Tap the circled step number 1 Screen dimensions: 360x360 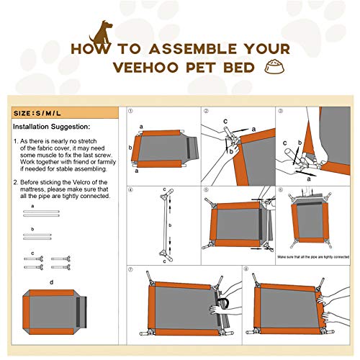[130, 112]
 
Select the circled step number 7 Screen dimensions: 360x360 [130, 269]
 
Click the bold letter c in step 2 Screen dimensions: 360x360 [225, 120]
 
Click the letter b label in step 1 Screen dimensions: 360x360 [131, 148]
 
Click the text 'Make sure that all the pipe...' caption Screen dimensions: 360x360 [313, 256]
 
